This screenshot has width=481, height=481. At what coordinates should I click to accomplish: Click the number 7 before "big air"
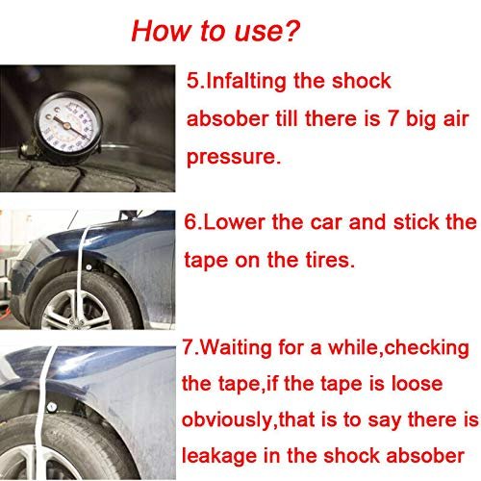(392, 118)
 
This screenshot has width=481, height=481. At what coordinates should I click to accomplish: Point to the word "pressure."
(234, 158)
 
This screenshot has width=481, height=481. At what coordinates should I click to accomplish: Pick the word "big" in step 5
(420, 119)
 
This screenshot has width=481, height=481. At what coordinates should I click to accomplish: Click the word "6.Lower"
(224, 222)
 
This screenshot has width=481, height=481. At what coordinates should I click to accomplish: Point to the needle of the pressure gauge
(71, 128)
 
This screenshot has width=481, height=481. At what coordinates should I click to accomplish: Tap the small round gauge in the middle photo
(88, 266)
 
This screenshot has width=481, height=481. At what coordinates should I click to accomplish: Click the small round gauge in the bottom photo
(52, 407)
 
